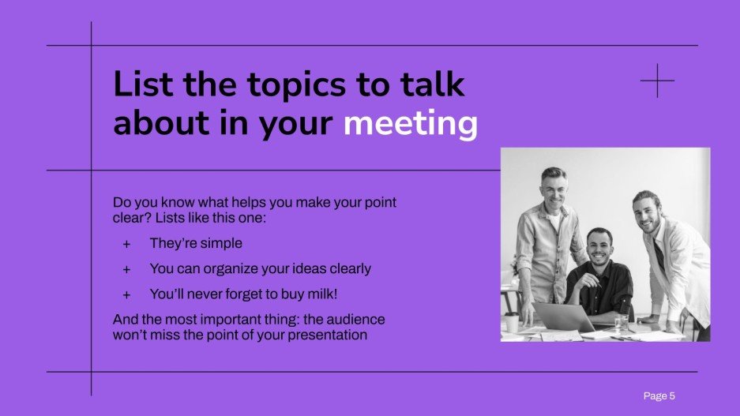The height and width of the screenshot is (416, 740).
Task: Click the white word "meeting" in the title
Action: point(410,125)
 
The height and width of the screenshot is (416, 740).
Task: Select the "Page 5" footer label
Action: point(659,395)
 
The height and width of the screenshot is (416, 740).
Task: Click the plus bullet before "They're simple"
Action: point(126,244)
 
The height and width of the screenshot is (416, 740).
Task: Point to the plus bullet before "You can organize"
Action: point(126,269)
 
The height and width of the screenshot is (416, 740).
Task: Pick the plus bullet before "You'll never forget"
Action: point(126,294)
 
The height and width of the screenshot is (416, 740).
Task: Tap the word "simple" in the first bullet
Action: point(220,243)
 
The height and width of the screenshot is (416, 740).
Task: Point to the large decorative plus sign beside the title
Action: point(658,81)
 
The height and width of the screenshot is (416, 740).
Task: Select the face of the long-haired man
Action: point(650,212)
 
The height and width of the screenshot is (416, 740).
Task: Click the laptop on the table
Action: point(562,317)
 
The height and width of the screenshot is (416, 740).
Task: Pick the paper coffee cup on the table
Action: point(513,321)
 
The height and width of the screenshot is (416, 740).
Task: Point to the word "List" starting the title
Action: point(145,84)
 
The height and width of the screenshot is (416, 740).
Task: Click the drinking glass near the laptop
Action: point(622,323)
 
